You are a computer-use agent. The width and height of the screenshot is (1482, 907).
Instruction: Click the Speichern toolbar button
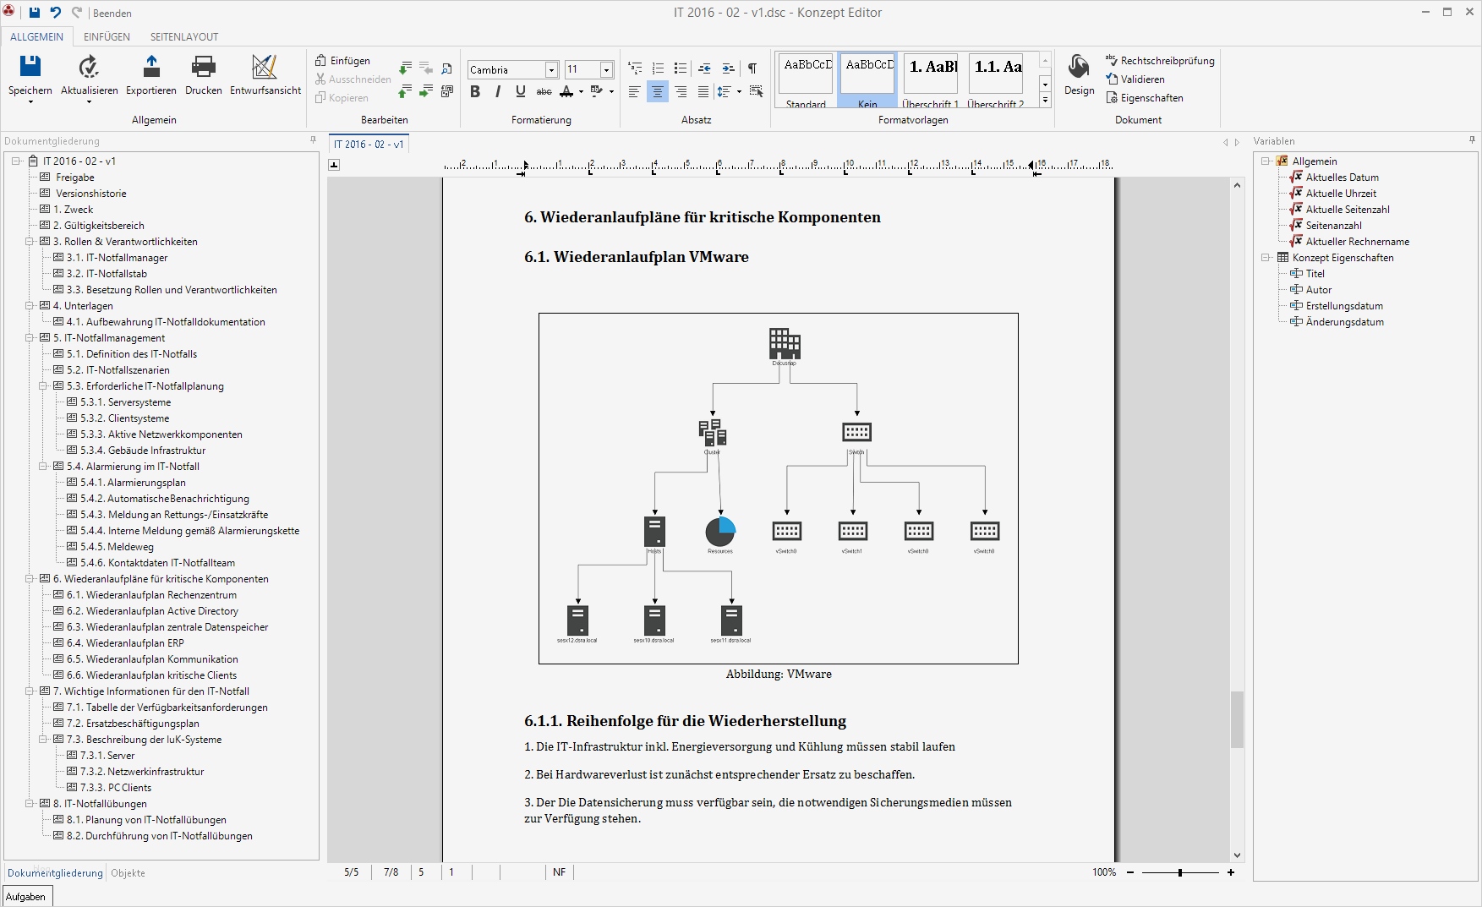[30, 74]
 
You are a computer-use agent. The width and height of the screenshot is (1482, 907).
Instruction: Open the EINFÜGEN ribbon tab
[107, 36]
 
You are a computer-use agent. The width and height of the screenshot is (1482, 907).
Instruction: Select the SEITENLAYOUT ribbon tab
[184, 36]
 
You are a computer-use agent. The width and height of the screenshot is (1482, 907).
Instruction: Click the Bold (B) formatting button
[475, 91]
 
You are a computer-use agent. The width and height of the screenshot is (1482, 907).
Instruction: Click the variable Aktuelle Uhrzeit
[1341, 194]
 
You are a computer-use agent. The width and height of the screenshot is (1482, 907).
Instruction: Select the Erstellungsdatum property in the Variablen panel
[1344, 306]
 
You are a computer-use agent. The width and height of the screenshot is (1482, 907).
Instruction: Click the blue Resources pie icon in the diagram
[720, 532]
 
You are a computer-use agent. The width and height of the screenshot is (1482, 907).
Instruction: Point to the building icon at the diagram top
[785, 343]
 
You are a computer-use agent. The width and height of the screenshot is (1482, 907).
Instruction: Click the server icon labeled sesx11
[731, 620]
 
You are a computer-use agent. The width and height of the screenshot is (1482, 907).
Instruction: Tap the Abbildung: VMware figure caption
[779, 675]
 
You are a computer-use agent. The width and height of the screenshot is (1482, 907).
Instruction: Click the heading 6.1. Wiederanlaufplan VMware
[636, 257]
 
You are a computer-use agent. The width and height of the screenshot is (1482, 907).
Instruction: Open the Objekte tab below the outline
[128, 873]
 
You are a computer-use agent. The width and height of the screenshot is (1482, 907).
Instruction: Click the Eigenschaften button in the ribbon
[1151, 98]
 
